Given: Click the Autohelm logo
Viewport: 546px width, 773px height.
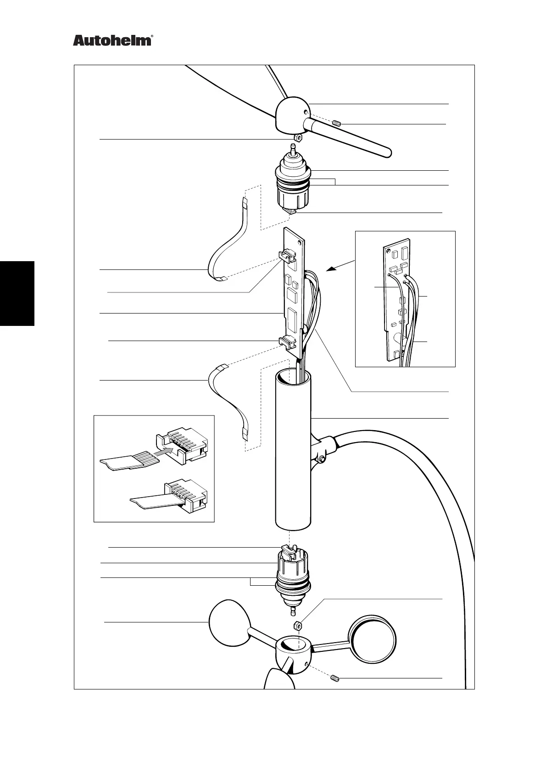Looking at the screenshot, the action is (112, 41).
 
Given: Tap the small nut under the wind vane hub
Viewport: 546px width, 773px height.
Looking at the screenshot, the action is (297, 137).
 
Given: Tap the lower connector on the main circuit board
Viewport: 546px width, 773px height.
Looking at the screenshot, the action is (287, 341).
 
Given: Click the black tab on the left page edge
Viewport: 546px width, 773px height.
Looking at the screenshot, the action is (17, 293).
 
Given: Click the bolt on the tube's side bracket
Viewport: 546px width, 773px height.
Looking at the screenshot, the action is (323, 459).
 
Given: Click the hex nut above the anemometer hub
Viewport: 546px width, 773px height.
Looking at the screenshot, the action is (297, 625).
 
